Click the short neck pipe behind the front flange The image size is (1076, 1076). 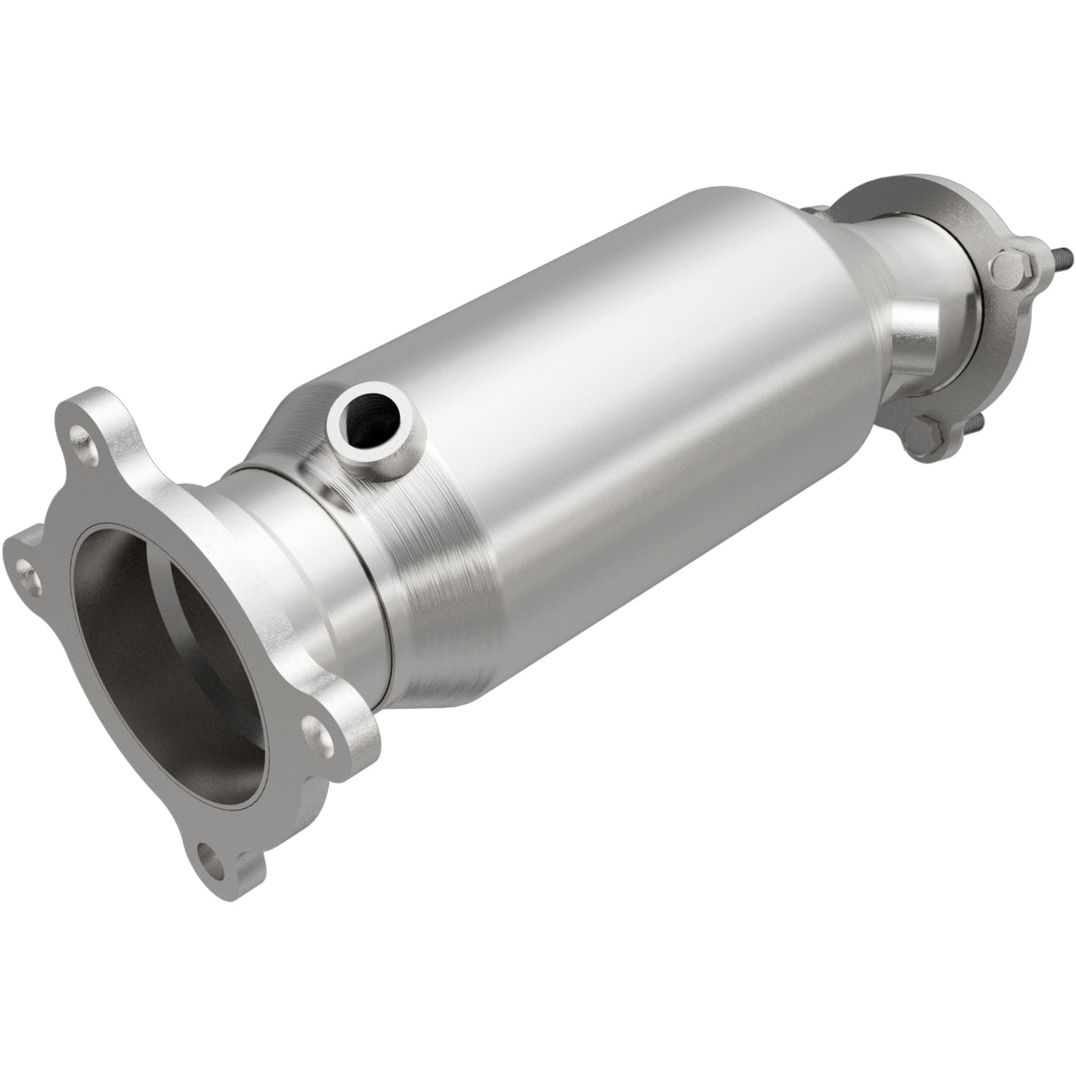click(x=292, y=550)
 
